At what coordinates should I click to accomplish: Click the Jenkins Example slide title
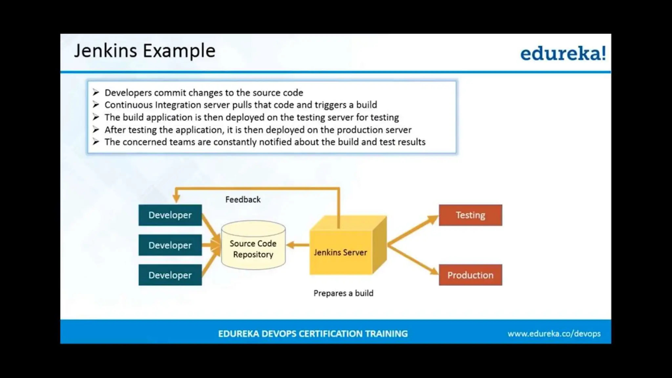tap(144, 51)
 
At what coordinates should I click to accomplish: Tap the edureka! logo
tap(563, 53)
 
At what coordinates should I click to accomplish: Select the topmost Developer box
tap(170, 215)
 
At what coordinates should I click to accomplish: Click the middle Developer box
tap(170, 245)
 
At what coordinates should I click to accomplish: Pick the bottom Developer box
tap(170, 275)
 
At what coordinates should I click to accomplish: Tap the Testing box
tap(470, 215)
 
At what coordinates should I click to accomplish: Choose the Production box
tap(470, 275)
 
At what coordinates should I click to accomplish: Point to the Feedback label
tap(243, 199)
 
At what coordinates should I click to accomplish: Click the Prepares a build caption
tap(343, 293)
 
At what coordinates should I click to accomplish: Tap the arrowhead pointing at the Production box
tap(433, 271)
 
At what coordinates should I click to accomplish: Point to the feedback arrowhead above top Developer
tap(176, 198)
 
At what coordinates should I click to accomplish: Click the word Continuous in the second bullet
tap(128, 105)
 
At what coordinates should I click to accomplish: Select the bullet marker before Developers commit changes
tap(96, 93)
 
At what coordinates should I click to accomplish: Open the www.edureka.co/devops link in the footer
tap(554, 334)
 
